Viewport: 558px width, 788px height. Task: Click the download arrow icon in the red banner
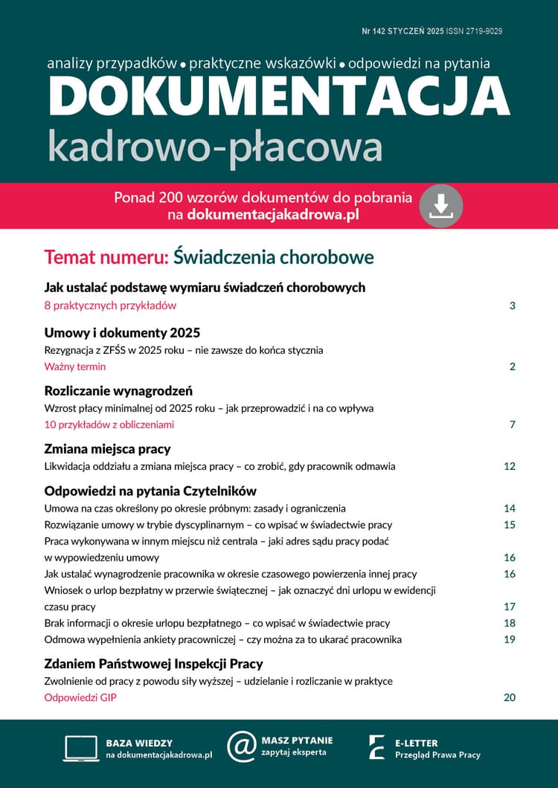click(441, 206)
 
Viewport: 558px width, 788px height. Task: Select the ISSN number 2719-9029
click(493, 31)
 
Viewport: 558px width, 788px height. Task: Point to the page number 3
click(513, 306)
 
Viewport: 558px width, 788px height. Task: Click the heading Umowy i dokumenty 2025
click(122, 333)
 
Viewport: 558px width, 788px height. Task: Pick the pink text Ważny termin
click(75, 366)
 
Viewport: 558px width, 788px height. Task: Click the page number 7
click(513, 425)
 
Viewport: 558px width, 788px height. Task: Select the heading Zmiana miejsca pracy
click(107, 449)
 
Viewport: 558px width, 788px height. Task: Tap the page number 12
click(510, 467)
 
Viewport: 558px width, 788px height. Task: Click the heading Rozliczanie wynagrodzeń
click(119, 391)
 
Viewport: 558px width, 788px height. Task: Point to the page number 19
click(510, 639)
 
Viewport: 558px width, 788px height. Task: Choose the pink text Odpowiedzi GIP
click(80, 697)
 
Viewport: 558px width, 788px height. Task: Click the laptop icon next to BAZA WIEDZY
click(81, 748)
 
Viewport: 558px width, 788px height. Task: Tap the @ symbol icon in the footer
click(241, 746)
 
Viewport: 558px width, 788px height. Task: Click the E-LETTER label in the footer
click(416, 743)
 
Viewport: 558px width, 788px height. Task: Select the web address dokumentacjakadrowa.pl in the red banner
click(274, 215)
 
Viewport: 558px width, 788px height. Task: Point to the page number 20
click(510, 697)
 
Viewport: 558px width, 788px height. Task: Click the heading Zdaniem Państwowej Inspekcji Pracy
click(154, 664)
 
